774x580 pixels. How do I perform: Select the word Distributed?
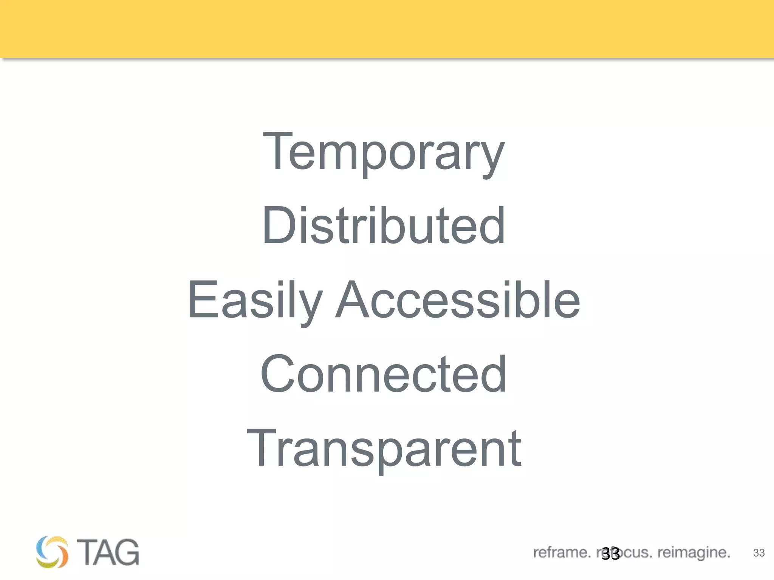(384, 225)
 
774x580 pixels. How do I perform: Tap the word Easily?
(255, 300)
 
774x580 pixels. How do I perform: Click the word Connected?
(384, 374)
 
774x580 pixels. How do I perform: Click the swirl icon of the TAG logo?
(53, 552)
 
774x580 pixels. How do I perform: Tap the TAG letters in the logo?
(108, 552)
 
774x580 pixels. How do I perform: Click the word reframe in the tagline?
(561, 553)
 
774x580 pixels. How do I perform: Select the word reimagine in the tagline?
(693, 553)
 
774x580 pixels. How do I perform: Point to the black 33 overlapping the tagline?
(610, 554)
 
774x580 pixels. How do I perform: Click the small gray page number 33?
(759, 553)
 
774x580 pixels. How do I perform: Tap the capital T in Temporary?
(278, 151)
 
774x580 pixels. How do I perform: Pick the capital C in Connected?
(277, 374)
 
